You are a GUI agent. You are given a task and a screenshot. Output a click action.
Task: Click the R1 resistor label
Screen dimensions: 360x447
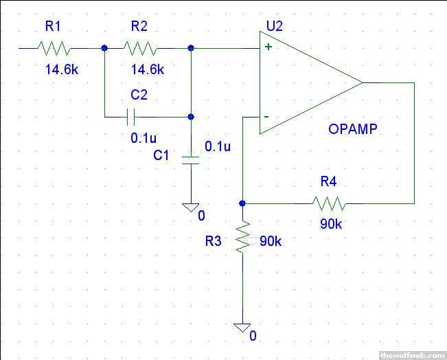[54, 27]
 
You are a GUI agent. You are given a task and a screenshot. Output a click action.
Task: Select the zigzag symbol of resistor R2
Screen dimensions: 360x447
[140, 49]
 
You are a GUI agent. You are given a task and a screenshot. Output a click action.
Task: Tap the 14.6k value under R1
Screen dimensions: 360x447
[53, 69]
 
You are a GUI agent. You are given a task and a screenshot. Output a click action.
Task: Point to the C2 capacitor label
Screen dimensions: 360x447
[139, 94]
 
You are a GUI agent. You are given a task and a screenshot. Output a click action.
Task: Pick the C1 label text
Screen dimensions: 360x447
[161, 155]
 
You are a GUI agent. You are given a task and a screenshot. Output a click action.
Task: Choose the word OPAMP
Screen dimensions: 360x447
[354, 128]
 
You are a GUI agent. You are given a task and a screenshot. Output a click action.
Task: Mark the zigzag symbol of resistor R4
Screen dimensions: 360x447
[330, 203]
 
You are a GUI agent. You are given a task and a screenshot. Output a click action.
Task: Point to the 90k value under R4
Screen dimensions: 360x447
[330, 224]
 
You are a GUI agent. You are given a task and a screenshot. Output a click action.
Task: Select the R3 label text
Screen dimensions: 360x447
[214, 242]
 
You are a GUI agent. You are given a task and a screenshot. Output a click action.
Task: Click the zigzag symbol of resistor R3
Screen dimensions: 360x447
[242, 238]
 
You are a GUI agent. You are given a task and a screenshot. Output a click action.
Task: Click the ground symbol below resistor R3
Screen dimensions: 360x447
[242, 328]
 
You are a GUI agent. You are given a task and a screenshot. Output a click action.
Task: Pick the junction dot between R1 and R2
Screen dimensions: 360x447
[104, 48]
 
